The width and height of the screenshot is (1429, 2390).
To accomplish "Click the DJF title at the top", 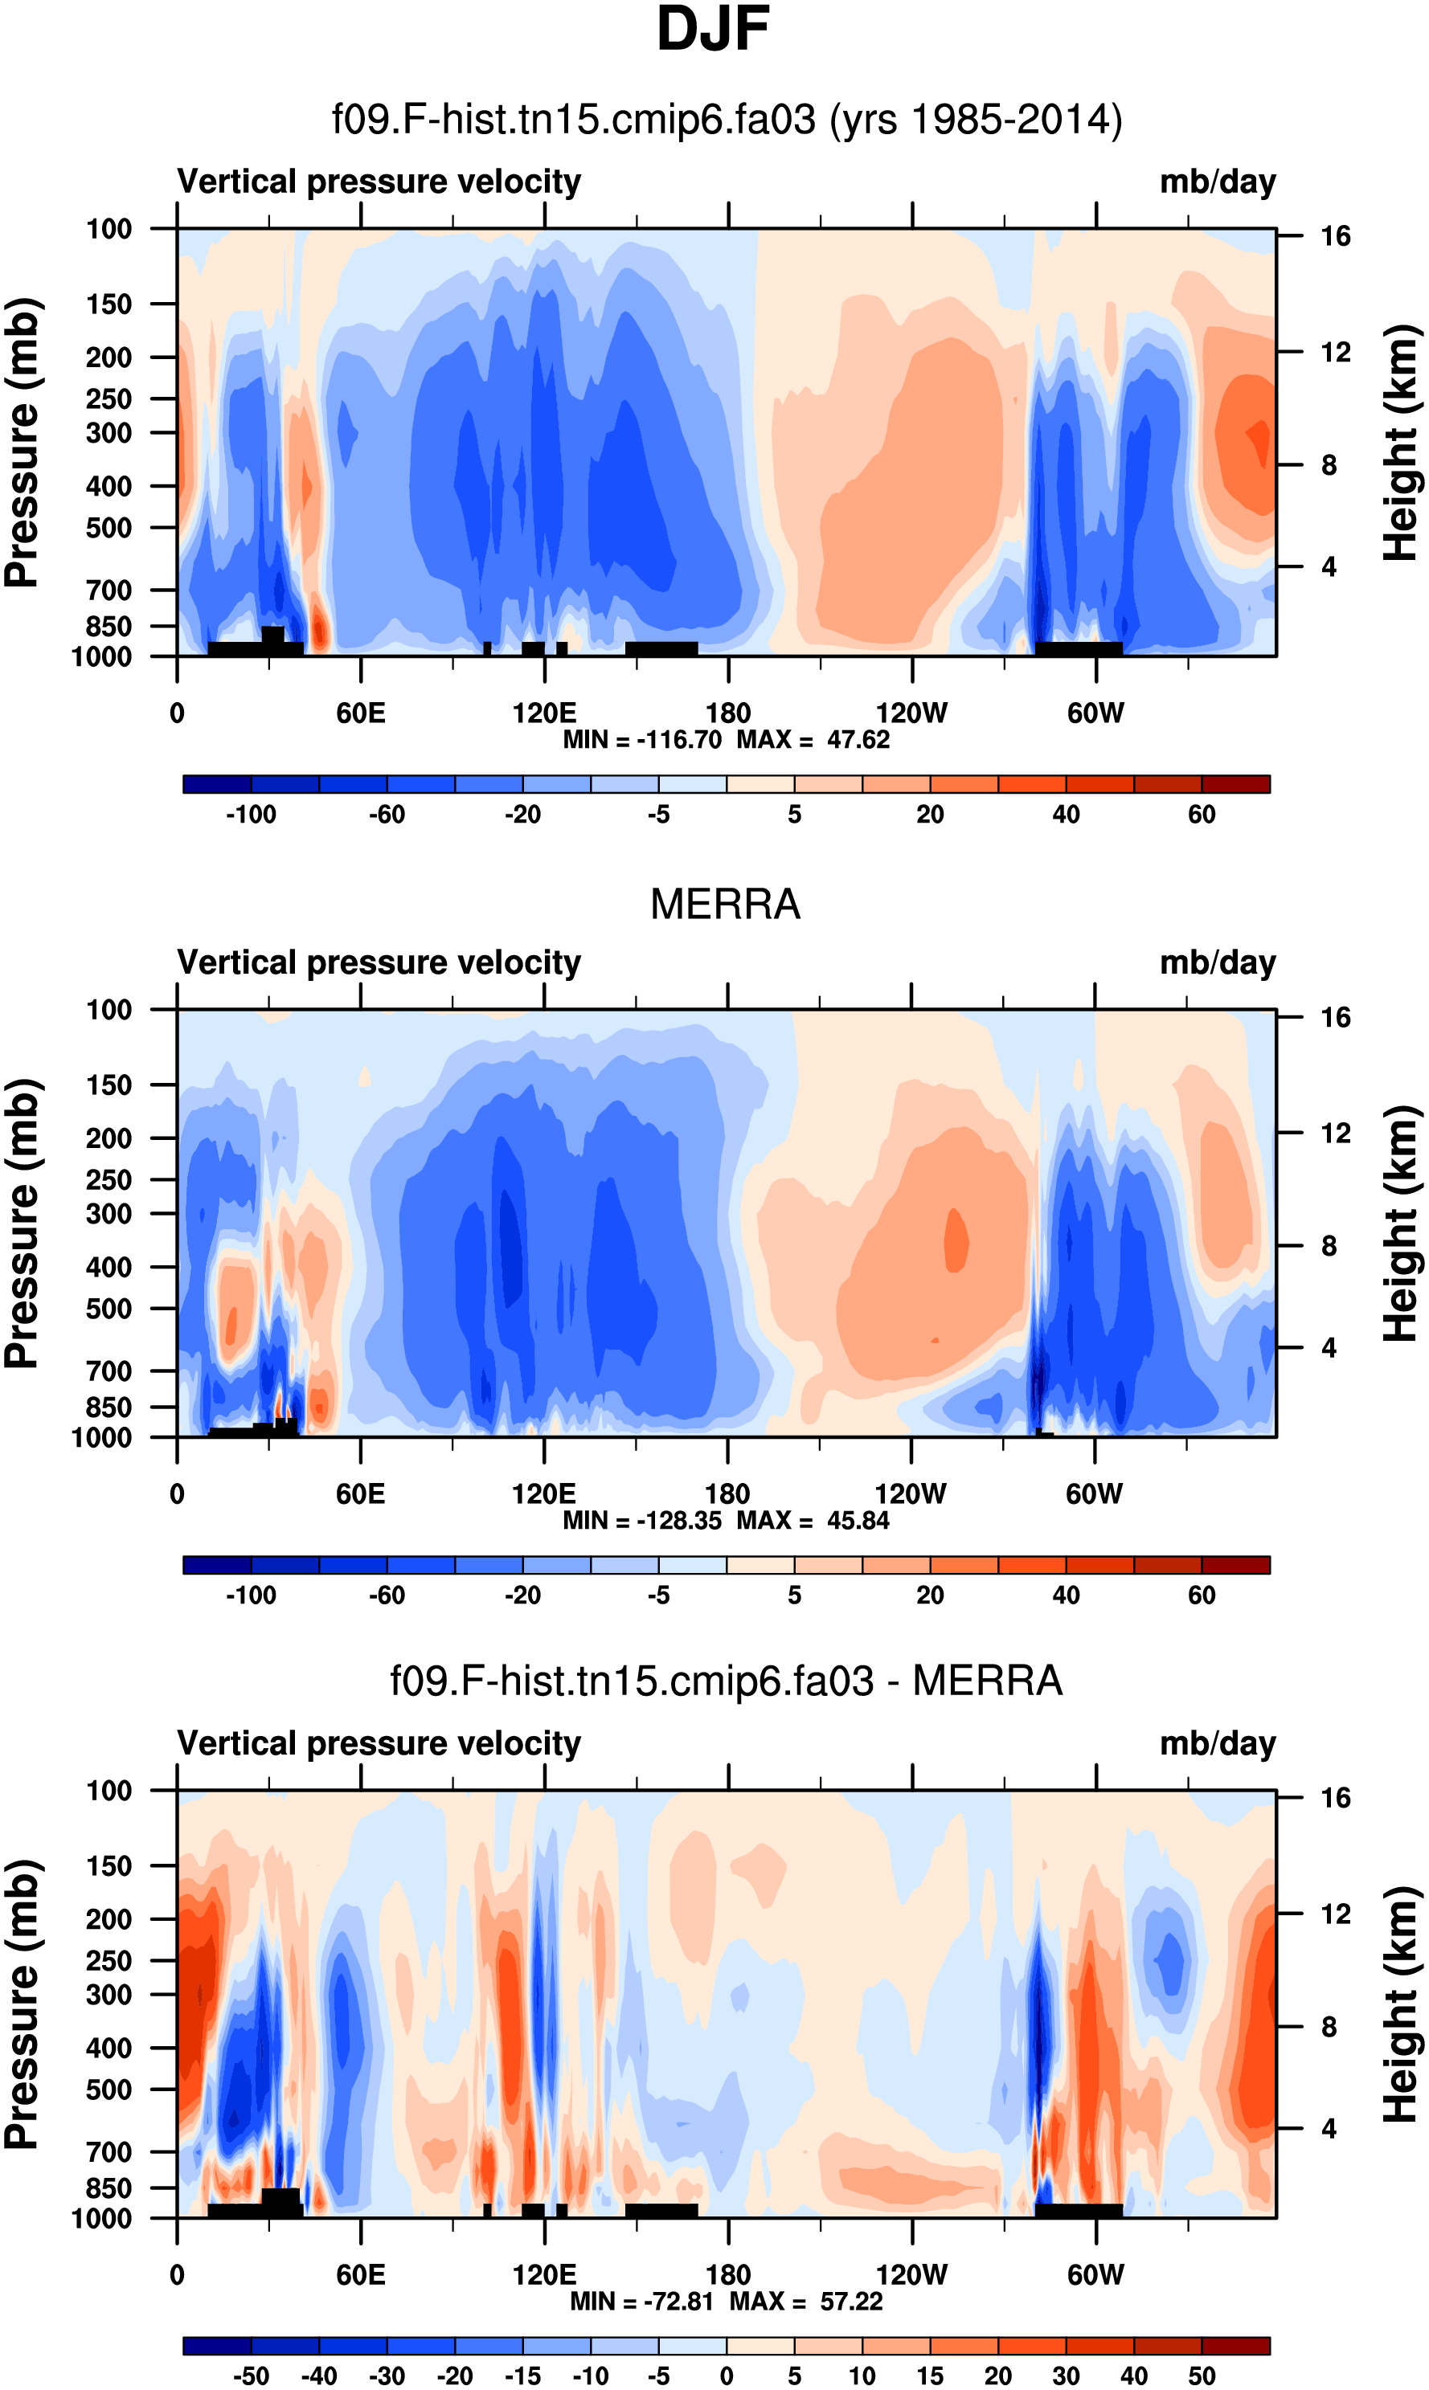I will [x=713, y=30].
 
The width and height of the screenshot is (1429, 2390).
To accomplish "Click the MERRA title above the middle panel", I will [x=725, y=905].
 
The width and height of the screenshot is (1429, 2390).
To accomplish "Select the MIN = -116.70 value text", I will [x=642, y=740].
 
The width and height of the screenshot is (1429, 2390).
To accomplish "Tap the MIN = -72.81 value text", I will [x=642, y=2302].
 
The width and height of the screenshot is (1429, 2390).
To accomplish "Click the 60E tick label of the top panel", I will [x=360, y=713].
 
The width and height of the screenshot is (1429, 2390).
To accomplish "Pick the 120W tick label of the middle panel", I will [x=910, y=1494].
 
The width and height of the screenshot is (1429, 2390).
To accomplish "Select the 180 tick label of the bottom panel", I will [x=728, y=2274].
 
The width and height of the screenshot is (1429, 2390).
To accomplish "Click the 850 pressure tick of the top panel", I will [x=109, y=627].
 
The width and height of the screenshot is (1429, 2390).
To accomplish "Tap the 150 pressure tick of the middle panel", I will [x=109, y=1085].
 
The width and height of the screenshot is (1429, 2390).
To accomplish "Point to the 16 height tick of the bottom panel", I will [x=1335, y=1798].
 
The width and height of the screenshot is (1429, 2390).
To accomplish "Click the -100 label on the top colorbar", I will [x=252, y=815].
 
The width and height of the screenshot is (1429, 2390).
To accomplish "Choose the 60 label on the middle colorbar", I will [x=1201, y=1595].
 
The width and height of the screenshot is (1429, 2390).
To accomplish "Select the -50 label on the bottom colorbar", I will [x=252, y=2376].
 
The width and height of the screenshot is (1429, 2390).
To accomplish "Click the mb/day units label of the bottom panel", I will [x=1217, y=1743].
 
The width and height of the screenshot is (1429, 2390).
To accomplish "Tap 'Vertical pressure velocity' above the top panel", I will [x=379, y=182].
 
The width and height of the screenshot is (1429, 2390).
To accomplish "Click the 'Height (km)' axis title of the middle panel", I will [x=1401, y=1224].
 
